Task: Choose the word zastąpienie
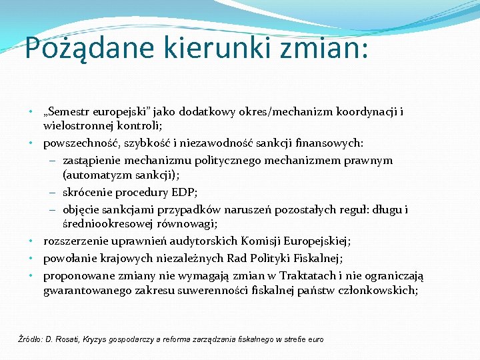pyautogui.click(x=91, y=161)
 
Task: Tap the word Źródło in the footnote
pyautogui.click(x=29, y=339)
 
